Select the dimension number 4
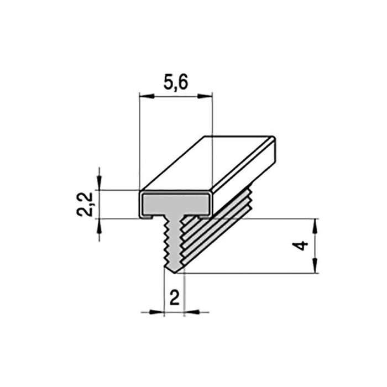pyautogui.click(x=300, y=245)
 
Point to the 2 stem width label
pyautogui.click(x=174, y=298)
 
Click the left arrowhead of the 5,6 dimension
pyautogui.click(x=143, y=97)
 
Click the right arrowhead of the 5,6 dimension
pyautogui.click(x=208, y=97)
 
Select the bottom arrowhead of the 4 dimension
pyautogui.click(x=315, y=268)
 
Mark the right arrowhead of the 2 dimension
pyautogui.click(x=187, y=312)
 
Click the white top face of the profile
pyautogui.click(x=207, y=163)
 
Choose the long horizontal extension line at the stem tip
pyautogui.click(x=249, y=273)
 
